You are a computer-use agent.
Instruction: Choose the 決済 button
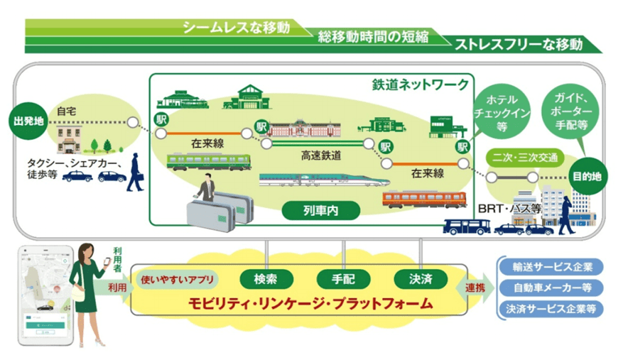[x=421, y=280]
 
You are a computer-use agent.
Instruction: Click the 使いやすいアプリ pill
[x=178, y=280]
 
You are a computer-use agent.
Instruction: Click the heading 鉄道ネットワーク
[x=420, y=85]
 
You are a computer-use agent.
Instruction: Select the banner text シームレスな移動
[x=236, y=28]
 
